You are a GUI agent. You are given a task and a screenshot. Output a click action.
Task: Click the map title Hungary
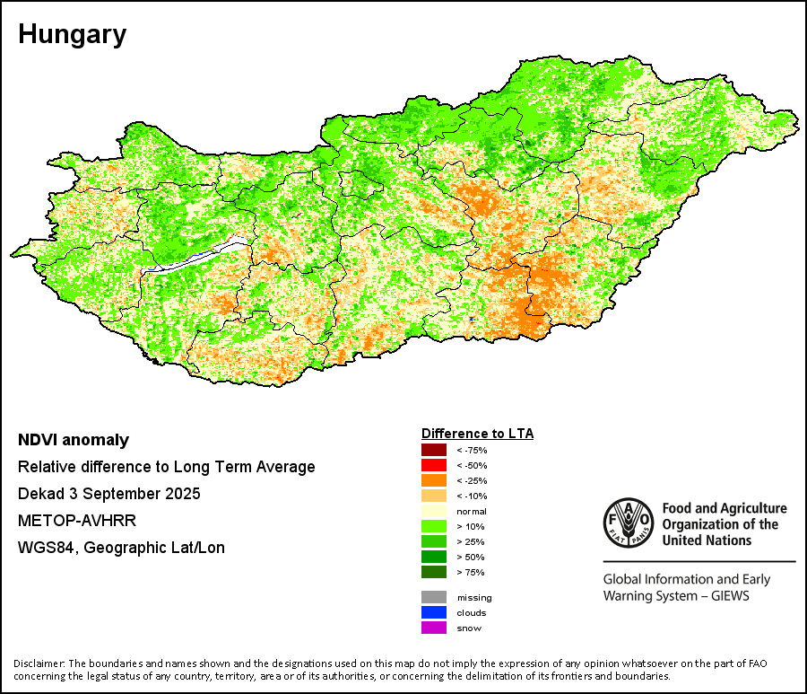(72, 35)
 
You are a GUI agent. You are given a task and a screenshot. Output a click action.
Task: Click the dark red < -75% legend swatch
(434, 450)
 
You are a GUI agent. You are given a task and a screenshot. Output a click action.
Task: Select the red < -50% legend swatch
(434, 465)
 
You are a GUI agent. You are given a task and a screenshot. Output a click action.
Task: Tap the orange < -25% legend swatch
(434, 480)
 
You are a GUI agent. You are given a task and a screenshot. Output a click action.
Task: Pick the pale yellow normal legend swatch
(434, 511)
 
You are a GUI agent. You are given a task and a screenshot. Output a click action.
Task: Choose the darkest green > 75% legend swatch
(434, 572)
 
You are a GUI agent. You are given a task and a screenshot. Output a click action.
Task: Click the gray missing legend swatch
(434, 597)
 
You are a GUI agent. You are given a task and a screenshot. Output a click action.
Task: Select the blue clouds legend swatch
(434, 612)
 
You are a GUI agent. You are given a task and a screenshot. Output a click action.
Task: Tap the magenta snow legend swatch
(434, 628)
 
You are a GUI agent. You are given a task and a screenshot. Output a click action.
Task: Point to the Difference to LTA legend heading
(477, 434)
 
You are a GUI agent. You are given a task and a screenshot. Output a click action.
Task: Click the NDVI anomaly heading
(74, 440)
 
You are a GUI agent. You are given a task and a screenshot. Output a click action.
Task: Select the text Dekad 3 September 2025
(108, 494)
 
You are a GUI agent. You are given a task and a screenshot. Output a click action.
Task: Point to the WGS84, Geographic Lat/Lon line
(121, 548)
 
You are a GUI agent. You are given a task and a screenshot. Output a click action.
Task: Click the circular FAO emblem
(629, 524)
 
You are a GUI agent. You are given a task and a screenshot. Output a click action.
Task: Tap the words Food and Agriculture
(724, 509)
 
